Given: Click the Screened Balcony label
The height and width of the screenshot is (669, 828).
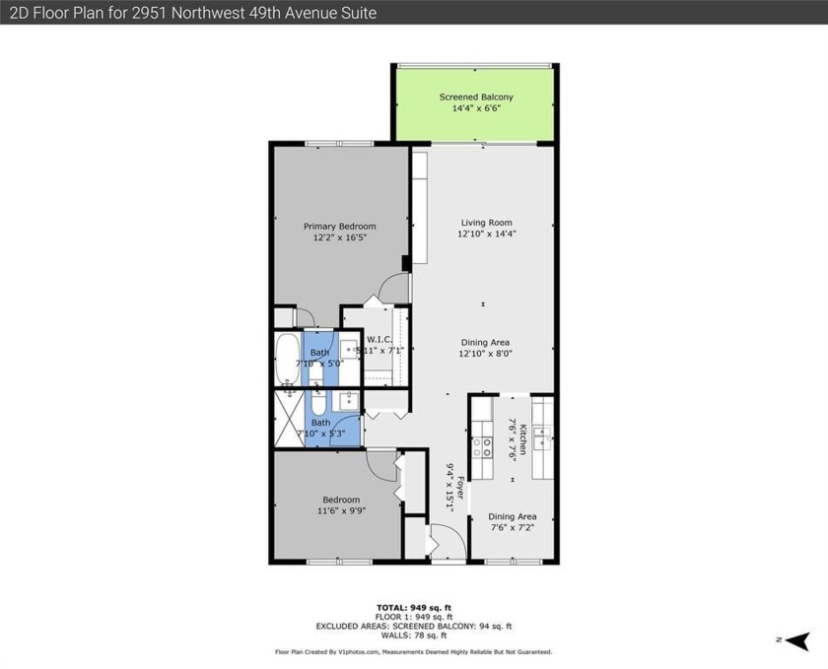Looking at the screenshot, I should [475, 98].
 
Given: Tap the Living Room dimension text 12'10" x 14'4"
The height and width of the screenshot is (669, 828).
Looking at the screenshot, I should [485, 234].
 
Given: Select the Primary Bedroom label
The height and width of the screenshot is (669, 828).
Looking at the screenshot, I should [339, 227].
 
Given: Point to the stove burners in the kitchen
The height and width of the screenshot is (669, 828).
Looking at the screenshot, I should [485, 448].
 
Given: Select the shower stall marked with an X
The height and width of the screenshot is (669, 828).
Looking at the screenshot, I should [289, 419].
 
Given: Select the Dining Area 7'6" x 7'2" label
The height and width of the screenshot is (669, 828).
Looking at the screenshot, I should [513, 522].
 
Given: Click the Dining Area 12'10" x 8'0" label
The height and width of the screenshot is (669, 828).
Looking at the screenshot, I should [485, 348].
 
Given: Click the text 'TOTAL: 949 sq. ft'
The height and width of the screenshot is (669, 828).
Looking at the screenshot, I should [413, 607].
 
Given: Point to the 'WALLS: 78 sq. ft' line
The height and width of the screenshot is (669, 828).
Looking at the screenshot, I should [413, 635].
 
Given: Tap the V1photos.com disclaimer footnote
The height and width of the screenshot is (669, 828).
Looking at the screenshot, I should [413, 652].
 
